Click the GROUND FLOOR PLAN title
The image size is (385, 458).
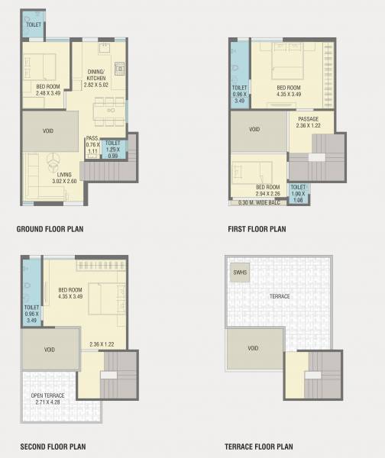50,228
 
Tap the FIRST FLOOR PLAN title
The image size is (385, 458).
257,228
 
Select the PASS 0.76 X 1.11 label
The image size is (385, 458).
92,145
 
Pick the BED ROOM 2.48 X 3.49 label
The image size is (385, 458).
47,89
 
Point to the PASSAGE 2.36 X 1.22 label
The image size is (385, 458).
308,122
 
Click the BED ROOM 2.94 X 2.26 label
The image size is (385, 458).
267,190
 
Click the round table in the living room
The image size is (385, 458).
54,160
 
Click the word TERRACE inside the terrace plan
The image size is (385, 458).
279,295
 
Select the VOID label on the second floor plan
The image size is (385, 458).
48,350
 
